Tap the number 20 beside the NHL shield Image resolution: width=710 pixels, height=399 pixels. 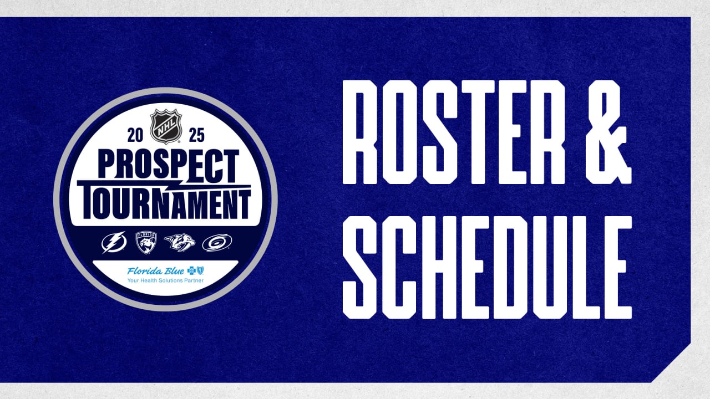pyautogui.click(x=136, y=135)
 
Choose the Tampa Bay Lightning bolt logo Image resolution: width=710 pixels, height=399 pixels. pyautogui.click(x=114, y=242)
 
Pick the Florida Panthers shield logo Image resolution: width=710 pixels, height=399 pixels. pyautogui.click(x=146, y=242)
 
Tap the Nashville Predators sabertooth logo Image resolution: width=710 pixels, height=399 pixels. pyautogui.click(x=180, y=242)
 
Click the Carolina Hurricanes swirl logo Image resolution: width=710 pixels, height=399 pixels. pyautogui.click(x=217, y=242)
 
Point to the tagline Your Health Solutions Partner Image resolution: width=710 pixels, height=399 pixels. pyautogui.click(x=165, y=281)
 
